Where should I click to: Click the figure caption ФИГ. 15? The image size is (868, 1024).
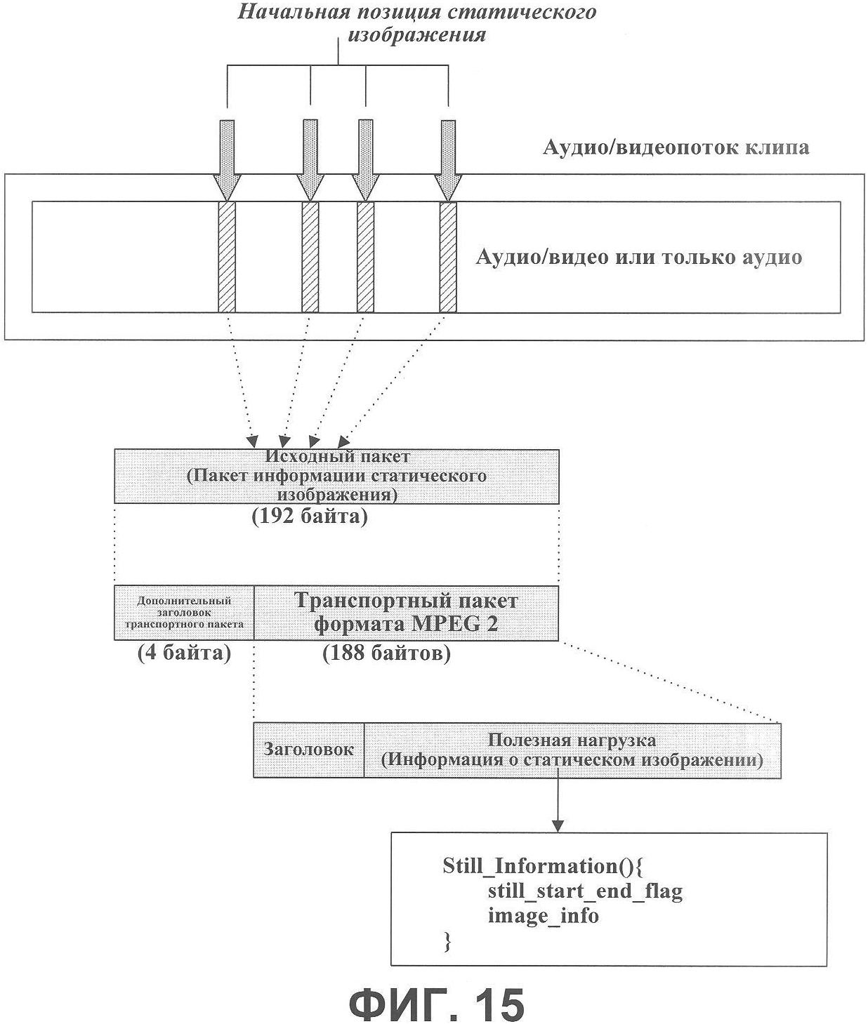pyautogui.click(x=435, y=1002)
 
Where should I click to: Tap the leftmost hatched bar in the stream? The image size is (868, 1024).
pyautogui.click(x=227, y=257)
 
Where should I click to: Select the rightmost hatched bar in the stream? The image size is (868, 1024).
pyautogui.click(x=448, y=257)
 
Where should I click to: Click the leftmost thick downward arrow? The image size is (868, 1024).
pyautogui.click(x=227, y=160)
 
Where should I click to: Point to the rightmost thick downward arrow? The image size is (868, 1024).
pyautogui.click(x=448, y=160)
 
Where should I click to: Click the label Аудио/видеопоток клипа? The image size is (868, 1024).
pyautogui.click(x=676, y=147)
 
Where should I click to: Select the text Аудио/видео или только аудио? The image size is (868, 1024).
pyautogui.click(x=639, y=257)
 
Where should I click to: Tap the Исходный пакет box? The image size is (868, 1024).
pyautogui.click(x=336, y=476)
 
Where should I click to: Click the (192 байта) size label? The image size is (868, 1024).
pyautogui.click(x=310, y=517)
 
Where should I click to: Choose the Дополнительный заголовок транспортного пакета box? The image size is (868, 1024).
pyautogui.click(x=184, y=613)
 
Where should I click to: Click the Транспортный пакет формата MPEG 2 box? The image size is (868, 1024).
pyautogui.click(x=406, y=613)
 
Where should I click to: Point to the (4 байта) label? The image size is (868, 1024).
pyautogui.click(x=184, y=653)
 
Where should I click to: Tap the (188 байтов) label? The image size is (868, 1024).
pyautogui.click(x=387, y=653)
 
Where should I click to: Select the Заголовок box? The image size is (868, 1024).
pyautogui.click(x=308, y=750)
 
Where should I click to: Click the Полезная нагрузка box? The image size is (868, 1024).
pyautogui.click(x=572, y=750)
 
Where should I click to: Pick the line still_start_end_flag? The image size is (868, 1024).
pyautogui.click(x=586, y=891)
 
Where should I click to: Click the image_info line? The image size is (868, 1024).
pyautogui.click(x=544, y=915)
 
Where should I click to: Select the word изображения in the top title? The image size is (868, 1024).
pyautogui.click(x=416, y=35)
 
